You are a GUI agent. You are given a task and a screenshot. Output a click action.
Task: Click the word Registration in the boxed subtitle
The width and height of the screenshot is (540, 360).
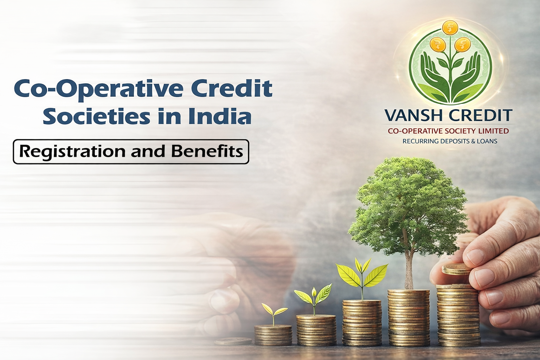pyautogui.click(x=72, y=152)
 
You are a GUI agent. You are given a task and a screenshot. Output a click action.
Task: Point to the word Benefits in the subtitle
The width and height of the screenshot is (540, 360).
pyautogui.click(x=207, y=152)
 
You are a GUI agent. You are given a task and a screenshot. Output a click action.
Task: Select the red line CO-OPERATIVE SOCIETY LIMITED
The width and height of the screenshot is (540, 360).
pyautogui.click(x=448, y=131)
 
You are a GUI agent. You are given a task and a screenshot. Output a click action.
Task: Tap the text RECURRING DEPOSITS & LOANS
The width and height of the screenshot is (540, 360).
pyautogui.click(x=450, y=141)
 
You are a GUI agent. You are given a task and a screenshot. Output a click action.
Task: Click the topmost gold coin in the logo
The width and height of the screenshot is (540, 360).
pyautogui.click(x=450, y=27)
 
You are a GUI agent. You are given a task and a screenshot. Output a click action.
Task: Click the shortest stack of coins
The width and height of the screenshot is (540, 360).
pyautogui.click(x=273, y=335)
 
